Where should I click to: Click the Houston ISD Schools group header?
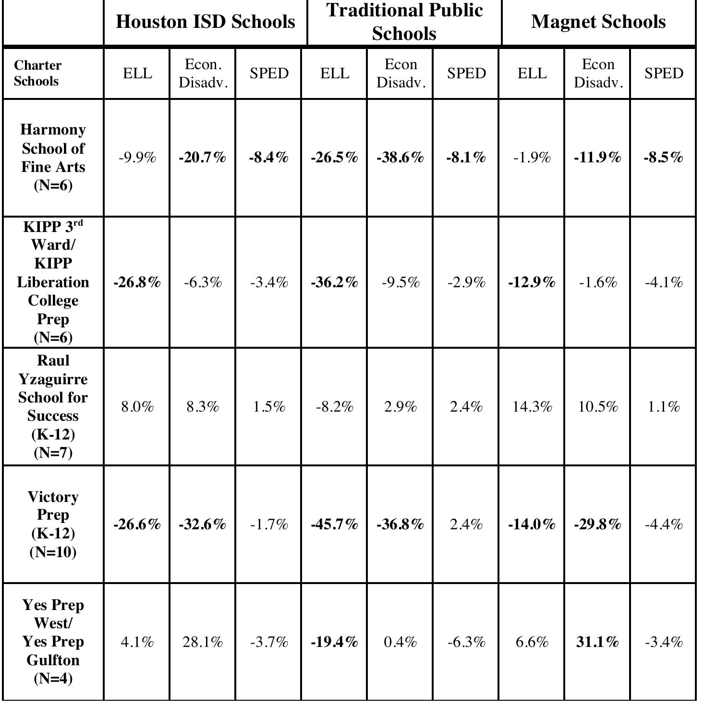click(x=205, y=22)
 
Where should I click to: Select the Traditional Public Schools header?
click(x=404, y=22)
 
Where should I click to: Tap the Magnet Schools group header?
click(x=598, y=22)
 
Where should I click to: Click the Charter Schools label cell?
click(x=38, y=73)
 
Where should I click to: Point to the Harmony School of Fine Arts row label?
click(x=53, y=157)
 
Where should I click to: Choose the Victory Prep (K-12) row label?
click(x=53, y=524)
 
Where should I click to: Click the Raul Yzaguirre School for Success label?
click(x=53, y=406)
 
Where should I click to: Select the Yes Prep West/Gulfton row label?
click(x=53, y=642)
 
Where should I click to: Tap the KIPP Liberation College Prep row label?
click(x=53, y=282)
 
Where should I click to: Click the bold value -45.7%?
click(x=335, y=524)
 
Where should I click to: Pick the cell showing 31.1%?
click(x=597, y=642)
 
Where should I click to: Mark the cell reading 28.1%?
click(x=203, y=642)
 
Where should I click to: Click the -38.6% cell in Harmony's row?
click(x=400, y=157)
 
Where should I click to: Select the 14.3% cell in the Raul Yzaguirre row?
click(x=532, y=407)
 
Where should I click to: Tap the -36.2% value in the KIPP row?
click(x=335, y=282)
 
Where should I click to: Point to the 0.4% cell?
click(x=400, y=642)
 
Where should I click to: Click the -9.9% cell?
click(x=137, y=157)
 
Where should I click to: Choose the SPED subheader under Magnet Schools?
click(x=663, y=73)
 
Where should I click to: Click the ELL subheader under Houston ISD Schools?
click(x=137, y=73)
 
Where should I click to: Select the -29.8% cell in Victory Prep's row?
click(x=597, y=524)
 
